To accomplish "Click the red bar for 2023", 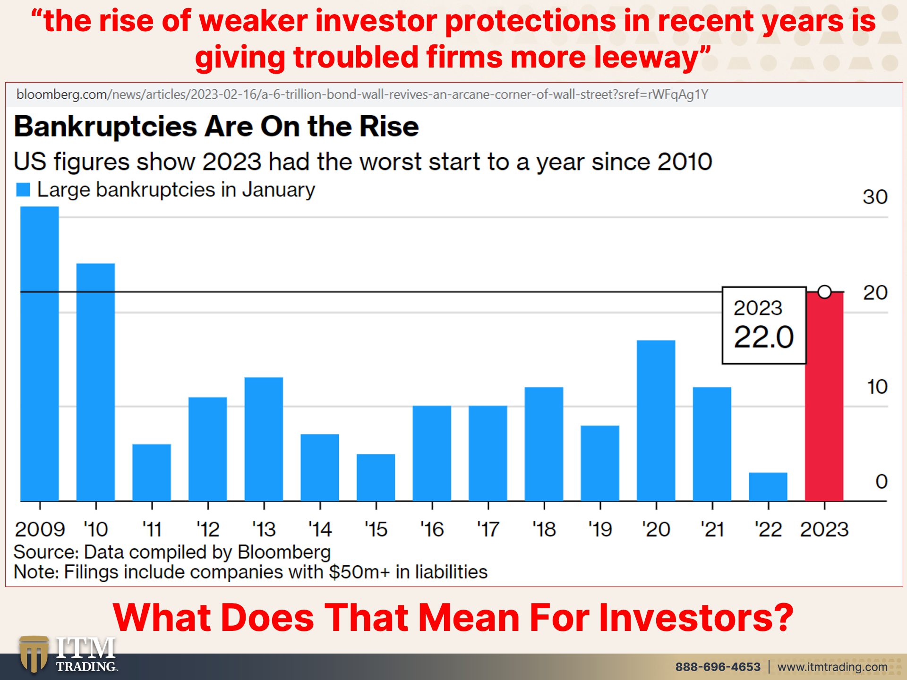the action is [824, 397].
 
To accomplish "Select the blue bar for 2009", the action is [40, 354].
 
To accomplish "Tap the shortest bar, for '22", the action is [768, 487].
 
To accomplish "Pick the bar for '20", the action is [656, 421].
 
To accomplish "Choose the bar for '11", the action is [152, 473].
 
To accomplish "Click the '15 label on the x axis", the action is [376, 529].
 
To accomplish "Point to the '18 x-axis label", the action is [544, 529].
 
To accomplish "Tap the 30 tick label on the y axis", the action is [875, 197].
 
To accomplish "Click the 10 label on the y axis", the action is [877, 387].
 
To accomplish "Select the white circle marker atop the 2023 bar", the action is [824, 292].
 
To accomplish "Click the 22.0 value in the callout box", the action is [764, 337].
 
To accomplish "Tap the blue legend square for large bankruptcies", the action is [23, 190].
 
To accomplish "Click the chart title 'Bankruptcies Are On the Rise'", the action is [216, 127].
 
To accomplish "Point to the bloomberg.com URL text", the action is [362, 94].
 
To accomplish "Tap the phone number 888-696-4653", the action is [718, 667].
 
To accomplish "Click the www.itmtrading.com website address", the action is [832, 667].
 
